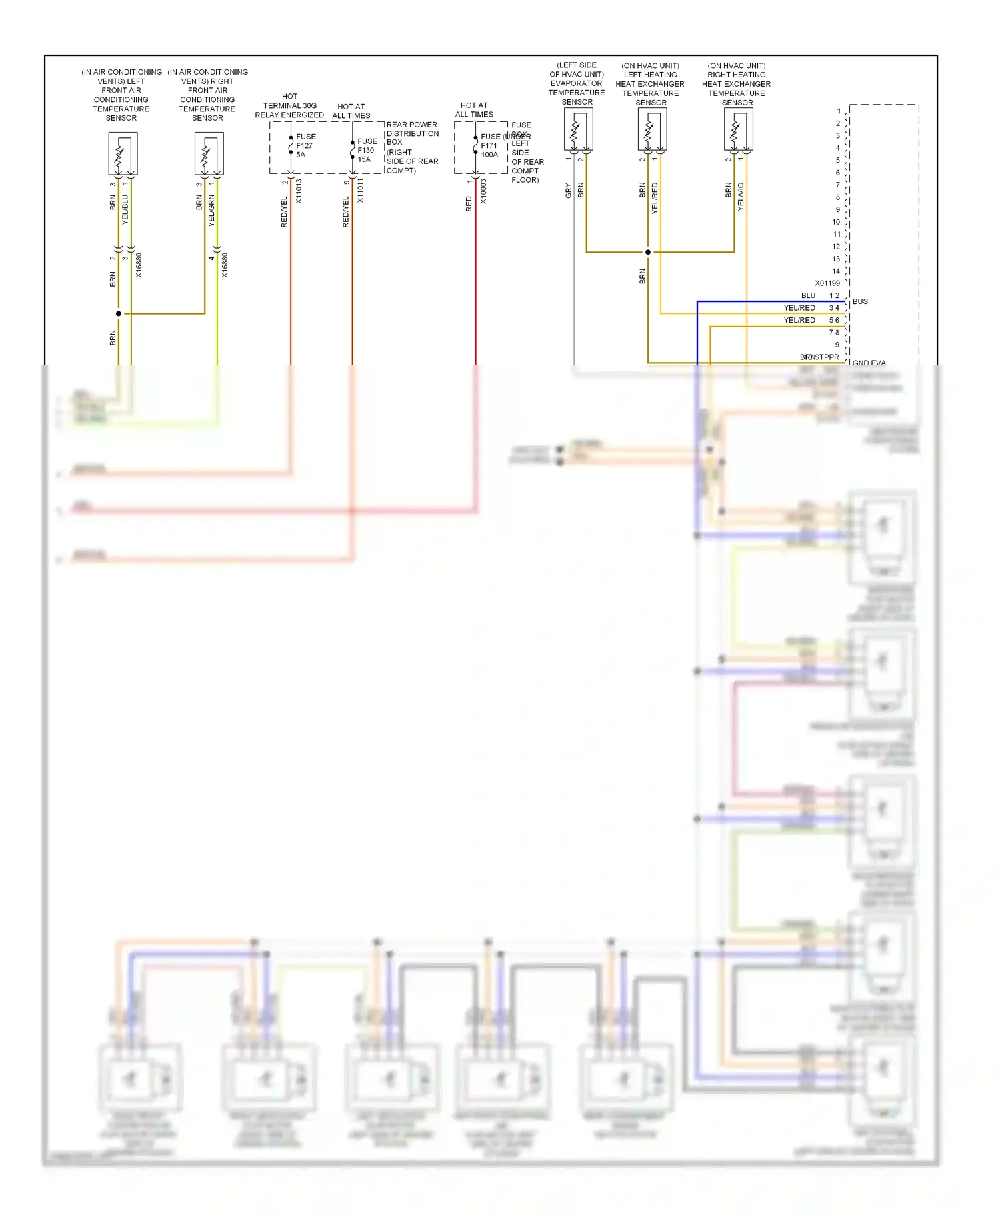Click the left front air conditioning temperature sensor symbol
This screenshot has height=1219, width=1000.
tap(123, 153)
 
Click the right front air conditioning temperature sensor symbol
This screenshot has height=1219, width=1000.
tap(209, 153)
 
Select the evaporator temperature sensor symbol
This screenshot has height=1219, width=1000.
tap(578, 129)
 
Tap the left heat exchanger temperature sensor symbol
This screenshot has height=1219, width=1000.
tap(652, 129)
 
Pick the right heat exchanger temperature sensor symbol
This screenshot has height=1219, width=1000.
tap(738, 129)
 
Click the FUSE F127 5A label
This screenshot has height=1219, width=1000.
tap(305, 145)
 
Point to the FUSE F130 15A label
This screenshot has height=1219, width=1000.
tap(367, 150)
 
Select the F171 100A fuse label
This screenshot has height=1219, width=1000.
tap(490, 145)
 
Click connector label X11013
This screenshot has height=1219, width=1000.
tap(299, 191)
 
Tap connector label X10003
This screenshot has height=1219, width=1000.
tap(483, 191)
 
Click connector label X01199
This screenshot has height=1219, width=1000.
tap(827, 283)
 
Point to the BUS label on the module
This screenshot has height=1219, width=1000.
tap(860, 301)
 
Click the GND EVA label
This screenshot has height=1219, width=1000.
tap(869, 363)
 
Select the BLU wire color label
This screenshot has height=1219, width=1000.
tap(808, 295)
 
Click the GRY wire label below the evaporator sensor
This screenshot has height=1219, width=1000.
tap(568, 191)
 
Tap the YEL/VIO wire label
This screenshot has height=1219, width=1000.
tap(741, 197)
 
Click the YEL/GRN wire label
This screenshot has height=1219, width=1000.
tap(211, 210)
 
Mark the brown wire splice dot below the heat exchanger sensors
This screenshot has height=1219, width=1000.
tap(647, 252)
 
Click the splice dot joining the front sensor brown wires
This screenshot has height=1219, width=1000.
tap(119, 313)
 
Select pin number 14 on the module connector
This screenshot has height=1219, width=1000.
tap(836, 271)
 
